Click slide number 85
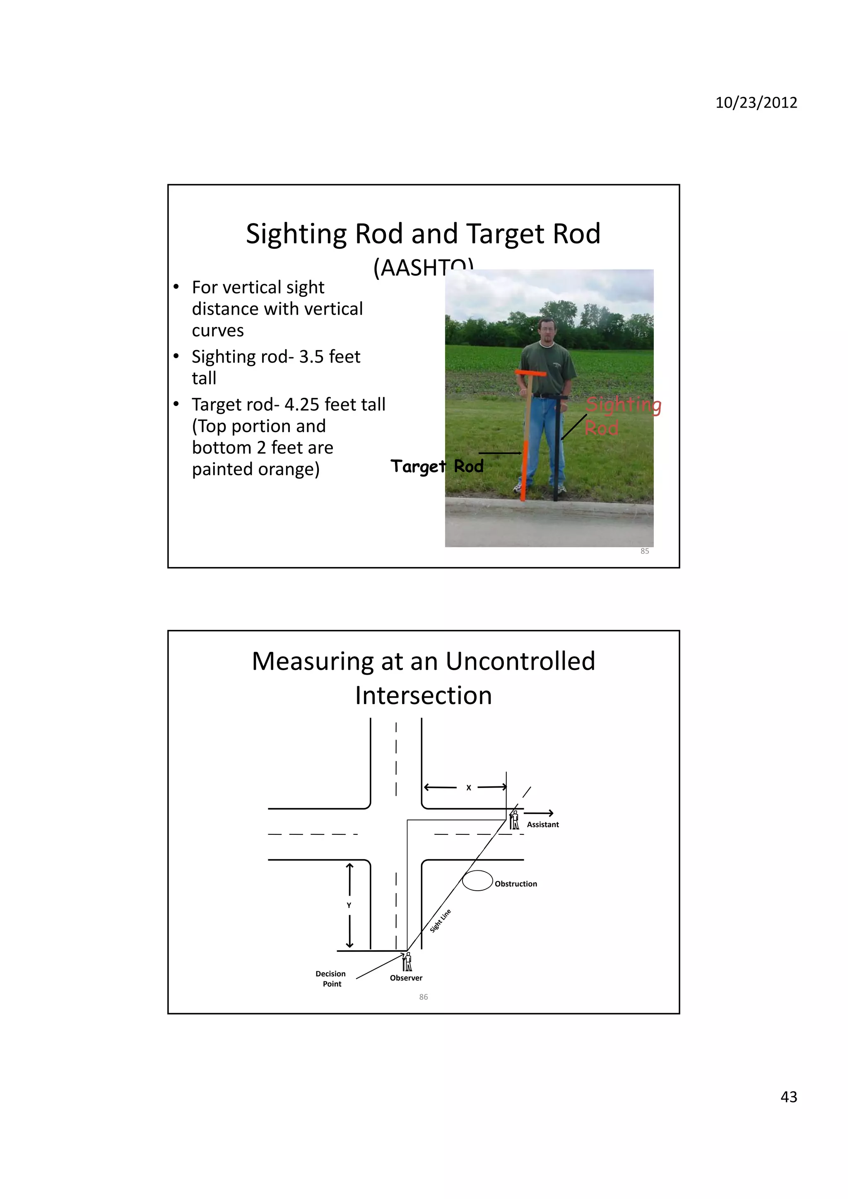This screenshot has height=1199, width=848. click(x=644, y=551)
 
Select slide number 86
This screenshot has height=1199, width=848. click(x=423, y=997)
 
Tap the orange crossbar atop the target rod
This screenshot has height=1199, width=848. click(x=530, y=373)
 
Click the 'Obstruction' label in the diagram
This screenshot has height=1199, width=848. click(x=516, y=884)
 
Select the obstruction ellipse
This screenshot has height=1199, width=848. click(x=477, y=880)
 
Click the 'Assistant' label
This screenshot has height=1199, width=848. click(x=542, y=824)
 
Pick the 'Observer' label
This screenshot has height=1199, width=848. click(x=405, y=978)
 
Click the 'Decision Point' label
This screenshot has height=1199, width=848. click(x=331, y=979)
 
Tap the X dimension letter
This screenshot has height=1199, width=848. click(x=468, y=788)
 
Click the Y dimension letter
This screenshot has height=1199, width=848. click(x=349, y=906)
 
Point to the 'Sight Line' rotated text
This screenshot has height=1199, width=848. click(x=441, y=920)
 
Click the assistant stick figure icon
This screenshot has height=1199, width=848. click(x=515, y=820)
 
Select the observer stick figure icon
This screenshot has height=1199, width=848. click(x=407, y=961)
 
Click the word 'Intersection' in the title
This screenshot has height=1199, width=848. click(x=423, y=696)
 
